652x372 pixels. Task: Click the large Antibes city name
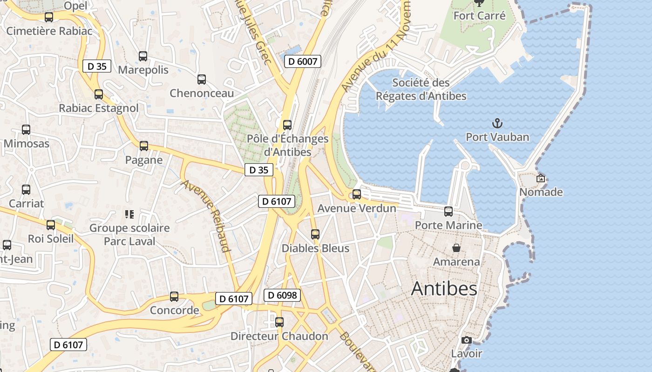click(444, 289)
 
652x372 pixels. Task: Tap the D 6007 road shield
click(303, 61)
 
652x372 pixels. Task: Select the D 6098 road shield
click(282, 295)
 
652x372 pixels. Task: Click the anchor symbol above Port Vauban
click(497, 123)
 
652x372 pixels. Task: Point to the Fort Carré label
click(479, 16)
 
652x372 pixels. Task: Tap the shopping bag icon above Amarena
click(456, 248)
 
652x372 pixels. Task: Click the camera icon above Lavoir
click(467, 340)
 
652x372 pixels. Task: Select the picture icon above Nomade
click(541, 178)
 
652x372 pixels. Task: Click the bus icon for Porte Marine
click(448, 212)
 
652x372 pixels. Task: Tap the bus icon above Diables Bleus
click(315, 234)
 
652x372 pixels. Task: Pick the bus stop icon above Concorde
click(174, 297)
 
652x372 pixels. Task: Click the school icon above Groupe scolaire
click(129, 214)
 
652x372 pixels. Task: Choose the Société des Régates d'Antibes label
click(421, 89)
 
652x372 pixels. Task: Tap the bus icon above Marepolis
click(143, 56)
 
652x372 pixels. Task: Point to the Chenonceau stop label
click(202, 93)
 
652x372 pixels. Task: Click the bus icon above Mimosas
click(26, 130)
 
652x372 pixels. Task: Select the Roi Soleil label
click(51, 239)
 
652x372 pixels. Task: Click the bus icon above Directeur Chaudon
click(279, 322)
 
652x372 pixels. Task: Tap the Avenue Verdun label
click(357, 209)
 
